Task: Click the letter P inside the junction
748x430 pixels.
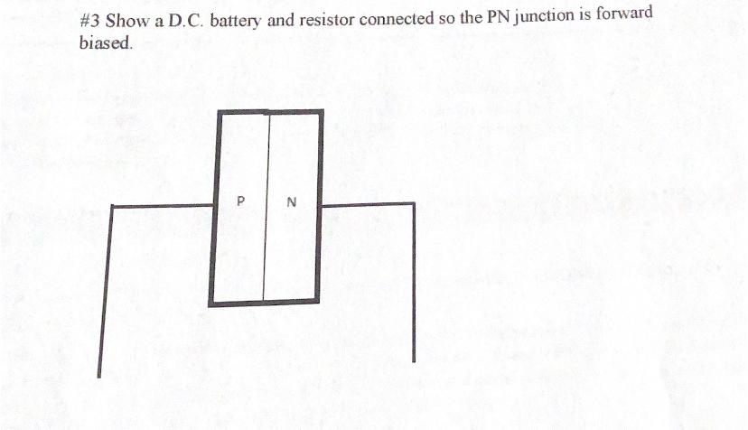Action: pyautogui.click(x=240, y=201)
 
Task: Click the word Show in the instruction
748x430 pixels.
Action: pyautogui.click(x=126, y=21)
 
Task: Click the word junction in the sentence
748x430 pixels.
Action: pyautogui.click(x=546, y=17)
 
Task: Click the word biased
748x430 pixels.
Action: pyautogui.click(x=105, y=43)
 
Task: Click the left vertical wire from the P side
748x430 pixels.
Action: pyautogui.click(x=105, y=289)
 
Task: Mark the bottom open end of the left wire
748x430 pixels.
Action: pyautogui.click(x=99, y=374)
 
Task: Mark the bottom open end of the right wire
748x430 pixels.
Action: pyautogui.click(x=415, y=360)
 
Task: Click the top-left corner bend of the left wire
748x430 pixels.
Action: pyautogui.click(x=110, y=207)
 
